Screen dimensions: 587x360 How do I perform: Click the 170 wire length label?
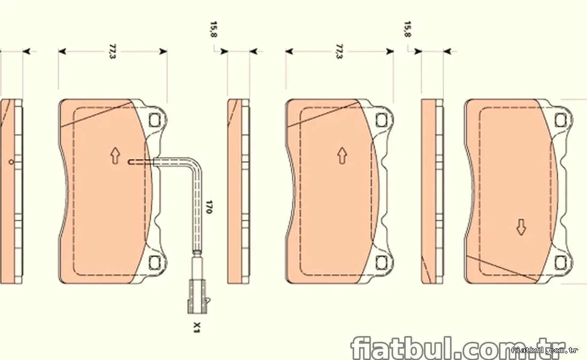point(209,207)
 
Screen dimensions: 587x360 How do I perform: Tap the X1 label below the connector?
point(197,327)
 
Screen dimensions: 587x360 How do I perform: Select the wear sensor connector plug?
point(197,297)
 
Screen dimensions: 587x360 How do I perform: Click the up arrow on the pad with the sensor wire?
point(115,156)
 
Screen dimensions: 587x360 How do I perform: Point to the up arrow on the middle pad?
point(342,156)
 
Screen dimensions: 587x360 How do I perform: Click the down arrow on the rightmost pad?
point(521,227)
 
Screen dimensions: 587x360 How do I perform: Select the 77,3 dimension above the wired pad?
point(112,51)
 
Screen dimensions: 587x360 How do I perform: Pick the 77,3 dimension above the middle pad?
point(339,51)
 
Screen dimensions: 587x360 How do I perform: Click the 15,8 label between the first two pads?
point(213,29)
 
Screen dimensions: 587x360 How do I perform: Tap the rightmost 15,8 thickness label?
point(407,29)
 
